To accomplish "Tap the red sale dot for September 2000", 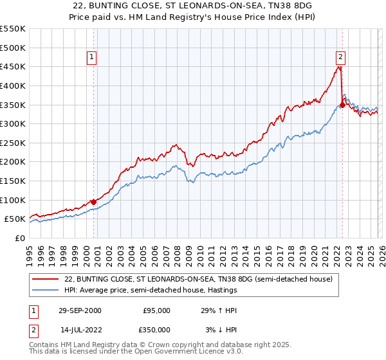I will click(94, 201).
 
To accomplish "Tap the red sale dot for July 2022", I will click(342, 105).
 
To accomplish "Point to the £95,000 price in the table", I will click(156, 310).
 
